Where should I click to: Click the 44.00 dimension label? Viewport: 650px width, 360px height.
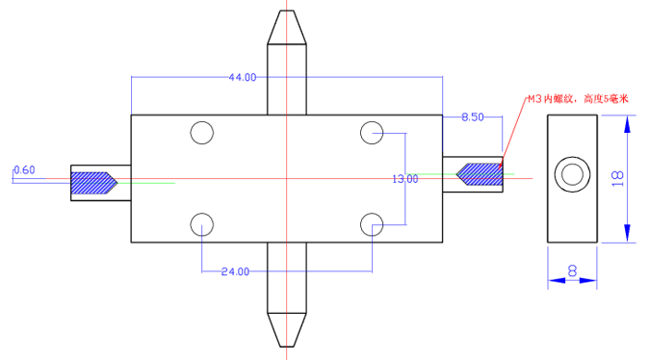(x=242, y=77)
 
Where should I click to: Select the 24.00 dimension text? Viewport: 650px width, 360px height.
(x=235, y=272)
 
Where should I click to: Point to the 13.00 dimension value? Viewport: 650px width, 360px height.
(x=405, y=179)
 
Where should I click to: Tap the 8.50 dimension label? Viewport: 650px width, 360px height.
(x=473, y=117)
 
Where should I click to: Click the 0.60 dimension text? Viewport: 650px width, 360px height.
(x=24, y=170)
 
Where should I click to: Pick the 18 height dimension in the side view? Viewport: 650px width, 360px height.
(x=617, y=177)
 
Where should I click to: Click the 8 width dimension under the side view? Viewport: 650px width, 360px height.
(x=573, y=272)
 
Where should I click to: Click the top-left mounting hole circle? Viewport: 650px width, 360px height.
(x=201, y=133)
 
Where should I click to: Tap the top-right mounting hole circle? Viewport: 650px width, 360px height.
(x=372, y=133)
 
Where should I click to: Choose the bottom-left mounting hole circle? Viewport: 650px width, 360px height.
(x=201, y=224)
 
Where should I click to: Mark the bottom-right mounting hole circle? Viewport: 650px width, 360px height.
(x=372, y=224)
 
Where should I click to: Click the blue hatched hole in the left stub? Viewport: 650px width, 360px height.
(x=93, y=181)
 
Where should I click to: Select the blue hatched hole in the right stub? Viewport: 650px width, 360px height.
(x=480, y=174)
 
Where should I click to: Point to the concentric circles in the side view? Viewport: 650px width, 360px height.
(x=574, y=175)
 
